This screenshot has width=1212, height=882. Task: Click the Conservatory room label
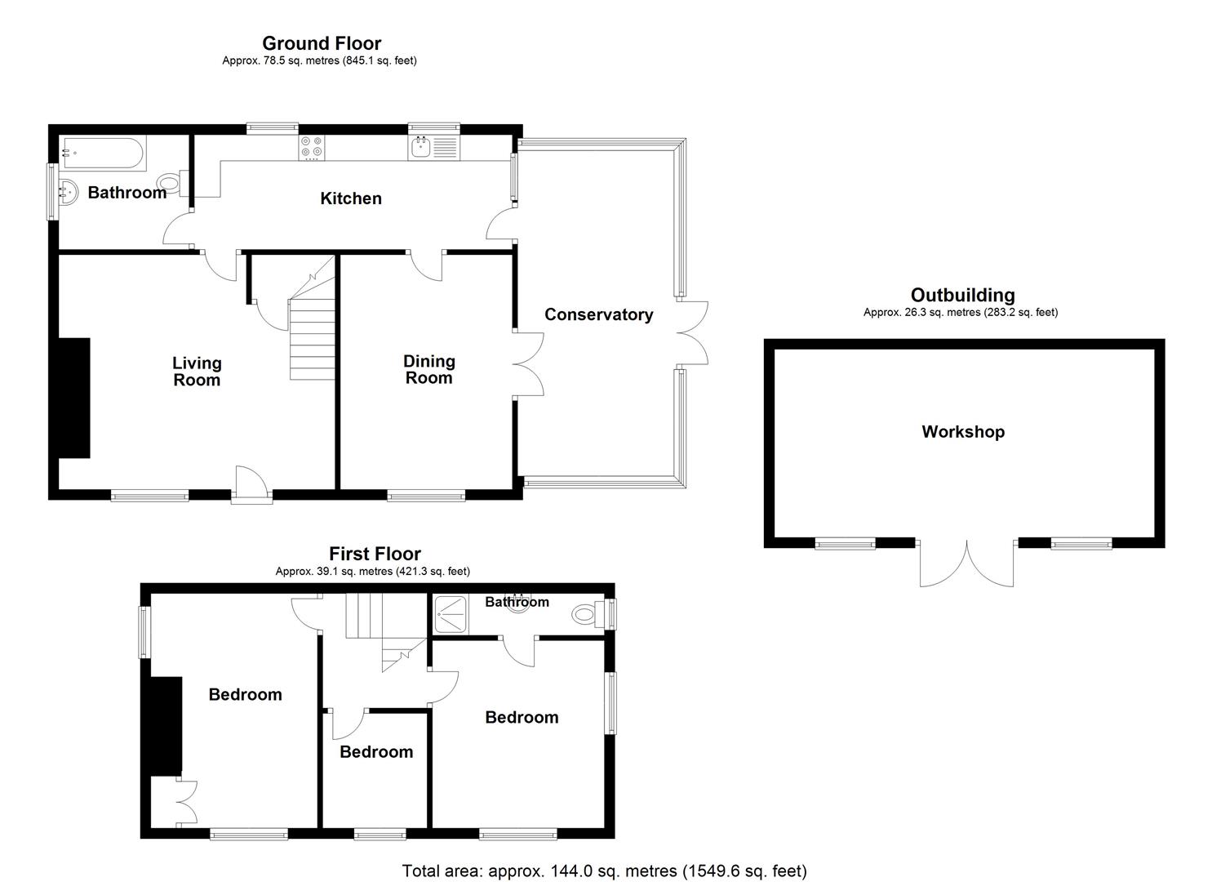coord(598,314)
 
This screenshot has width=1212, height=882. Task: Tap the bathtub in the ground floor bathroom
coord(103,152)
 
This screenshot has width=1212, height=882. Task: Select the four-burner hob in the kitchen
coord(312,147)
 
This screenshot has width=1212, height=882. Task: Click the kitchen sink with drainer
coord(433,147)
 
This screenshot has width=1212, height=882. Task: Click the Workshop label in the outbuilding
coord(962,432)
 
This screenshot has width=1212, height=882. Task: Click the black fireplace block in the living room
coord(73,398)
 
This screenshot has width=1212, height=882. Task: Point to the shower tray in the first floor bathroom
coord(450,613)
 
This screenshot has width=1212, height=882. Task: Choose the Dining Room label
coord(428,369)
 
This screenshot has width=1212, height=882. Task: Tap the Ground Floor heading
coord(321,43)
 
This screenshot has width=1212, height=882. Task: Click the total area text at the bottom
coord(604,871)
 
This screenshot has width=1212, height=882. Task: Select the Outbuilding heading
coord(962,295)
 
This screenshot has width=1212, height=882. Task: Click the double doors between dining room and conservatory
coord(528,365)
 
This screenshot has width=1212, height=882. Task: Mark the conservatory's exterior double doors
coord(693,332)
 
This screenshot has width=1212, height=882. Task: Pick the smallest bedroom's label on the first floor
coord(376,751)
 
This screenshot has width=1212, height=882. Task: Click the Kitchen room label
coord(350,198)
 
